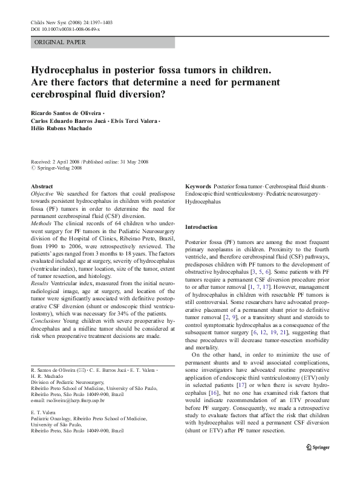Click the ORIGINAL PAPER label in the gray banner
pyautogui.click(x=60, y=42)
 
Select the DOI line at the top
pyautogui.click(x=65, y=29)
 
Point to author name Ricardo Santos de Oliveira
pyautogui.click(x=65, y=113)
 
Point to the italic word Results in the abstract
pyautogui.click(x=40, y=282)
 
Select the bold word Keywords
pyautogui.click(x=198, y=187)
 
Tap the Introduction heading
pyautogui.click(x=201, y=227)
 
